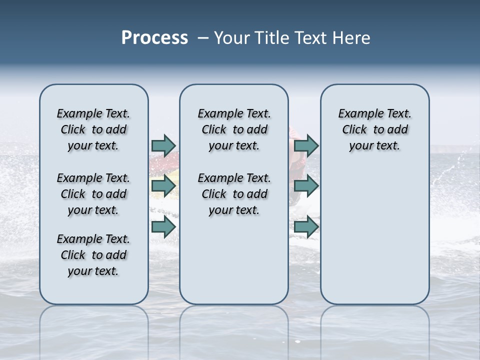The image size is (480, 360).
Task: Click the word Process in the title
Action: tap(154, 38)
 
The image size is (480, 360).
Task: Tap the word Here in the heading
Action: tap(349, 38)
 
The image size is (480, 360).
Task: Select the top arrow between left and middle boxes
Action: tap(163, 145)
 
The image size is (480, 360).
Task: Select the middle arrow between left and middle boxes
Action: tap(163, 186)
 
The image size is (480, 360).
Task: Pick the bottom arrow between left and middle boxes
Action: tap(163, 227)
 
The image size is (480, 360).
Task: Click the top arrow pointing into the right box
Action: tap(306, 145)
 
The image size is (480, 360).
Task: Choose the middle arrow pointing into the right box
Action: tap(306, 186)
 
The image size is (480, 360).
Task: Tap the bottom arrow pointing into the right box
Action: tap(306, 227)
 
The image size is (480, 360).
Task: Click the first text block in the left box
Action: tap(93, 129)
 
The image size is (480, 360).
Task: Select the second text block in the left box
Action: tap(93, 194)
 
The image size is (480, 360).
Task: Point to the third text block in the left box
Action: tap(93, 255)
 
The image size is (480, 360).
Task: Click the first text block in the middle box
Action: tap(234, 129)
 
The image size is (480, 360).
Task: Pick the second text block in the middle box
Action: tap(234, 194)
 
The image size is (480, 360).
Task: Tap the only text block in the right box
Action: tap(374, 129)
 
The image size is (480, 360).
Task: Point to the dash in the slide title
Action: tap(203, 38)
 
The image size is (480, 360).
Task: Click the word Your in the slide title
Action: tap(232, 38)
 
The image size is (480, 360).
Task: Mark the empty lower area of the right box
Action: tap(374, 235)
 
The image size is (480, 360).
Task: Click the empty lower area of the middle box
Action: tap(234, 260)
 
